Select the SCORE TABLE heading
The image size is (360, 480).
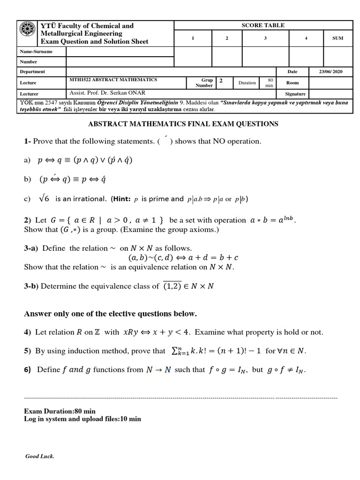pos(263,25)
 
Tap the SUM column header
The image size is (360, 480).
pos(337,38)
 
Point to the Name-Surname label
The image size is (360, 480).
pos(36,52)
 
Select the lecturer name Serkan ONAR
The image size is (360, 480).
pos(117,93)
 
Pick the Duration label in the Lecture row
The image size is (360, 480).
pos(247,83)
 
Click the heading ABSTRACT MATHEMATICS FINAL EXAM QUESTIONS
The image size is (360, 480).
pos(183,124)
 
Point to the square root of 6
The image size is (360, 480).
pos(44,199)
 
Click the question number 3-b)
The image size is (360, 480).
pos(31,286)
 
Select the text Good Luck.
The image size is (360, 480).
pos(40,457)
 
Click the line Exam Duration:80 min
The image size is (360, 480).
pos(60,411)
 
